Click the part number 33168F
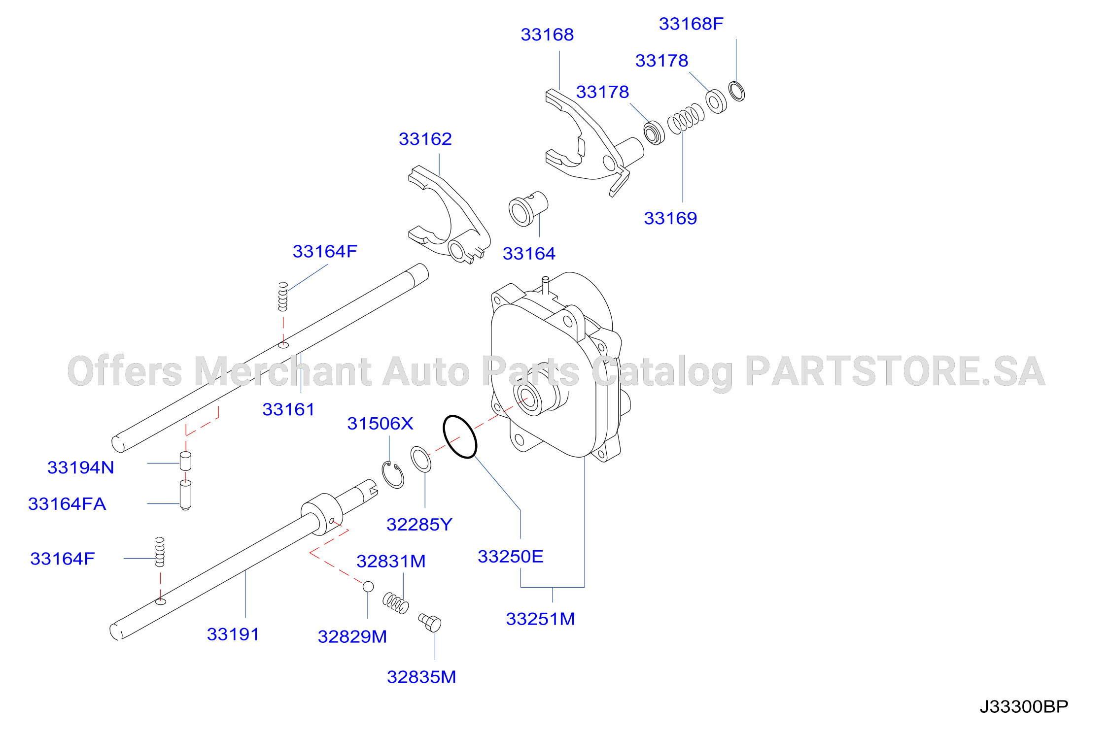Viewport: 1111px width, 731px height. click(x=691, y=24)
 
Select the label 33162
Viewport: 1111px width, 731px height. click(x=425, y=139)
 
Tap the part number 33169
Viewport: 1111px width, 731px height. click(x=670, y=218)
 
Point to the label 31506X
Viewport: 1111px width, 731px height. click(x=380, y=424)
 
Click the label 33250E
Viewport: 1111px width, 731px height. click(x=511, y=557)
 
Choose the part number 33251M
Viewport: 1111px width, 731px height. click(x=541, y=619)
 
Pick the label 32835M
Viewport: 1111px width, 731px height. click(x=421, y=677)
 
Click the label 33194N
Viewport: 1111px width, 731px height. click(x=81, y=467)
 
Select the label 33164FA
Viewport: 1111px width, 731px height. click(x=67, y=504)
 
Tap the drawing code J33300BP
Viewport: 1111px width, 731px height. click(x=1024, y=707)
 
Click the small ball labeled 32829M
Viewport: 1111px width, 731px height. click(x=368, y=587)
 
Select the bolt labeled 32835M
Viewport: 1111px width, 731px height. click(x=430, y=623)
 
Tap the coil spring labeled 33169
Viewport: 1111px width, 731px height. click(x=686, y=119)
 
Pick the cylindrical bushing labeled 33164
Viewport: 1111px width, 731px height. click(x=528, y=209)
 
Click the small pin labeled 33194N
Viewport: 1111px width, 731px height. click(x=185, y=461)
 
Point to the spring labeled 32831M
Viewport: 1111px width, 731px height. click(x=396, y=603)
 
